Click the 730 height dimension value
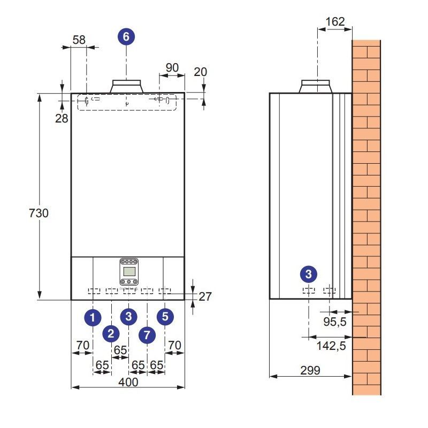(39, 213)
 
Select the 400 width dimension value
(128, 382)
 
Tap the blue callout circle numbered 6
(126, 36)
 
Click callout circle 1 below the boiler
(93, 317)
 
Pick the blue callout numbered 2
(111, 333)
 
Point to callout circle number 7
(147, 335)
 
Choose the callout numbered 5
(165, 316)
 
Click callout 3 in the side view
(309, 274)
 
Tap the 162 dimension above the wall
(335, 21)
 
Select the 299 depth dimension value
(310, 370)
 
